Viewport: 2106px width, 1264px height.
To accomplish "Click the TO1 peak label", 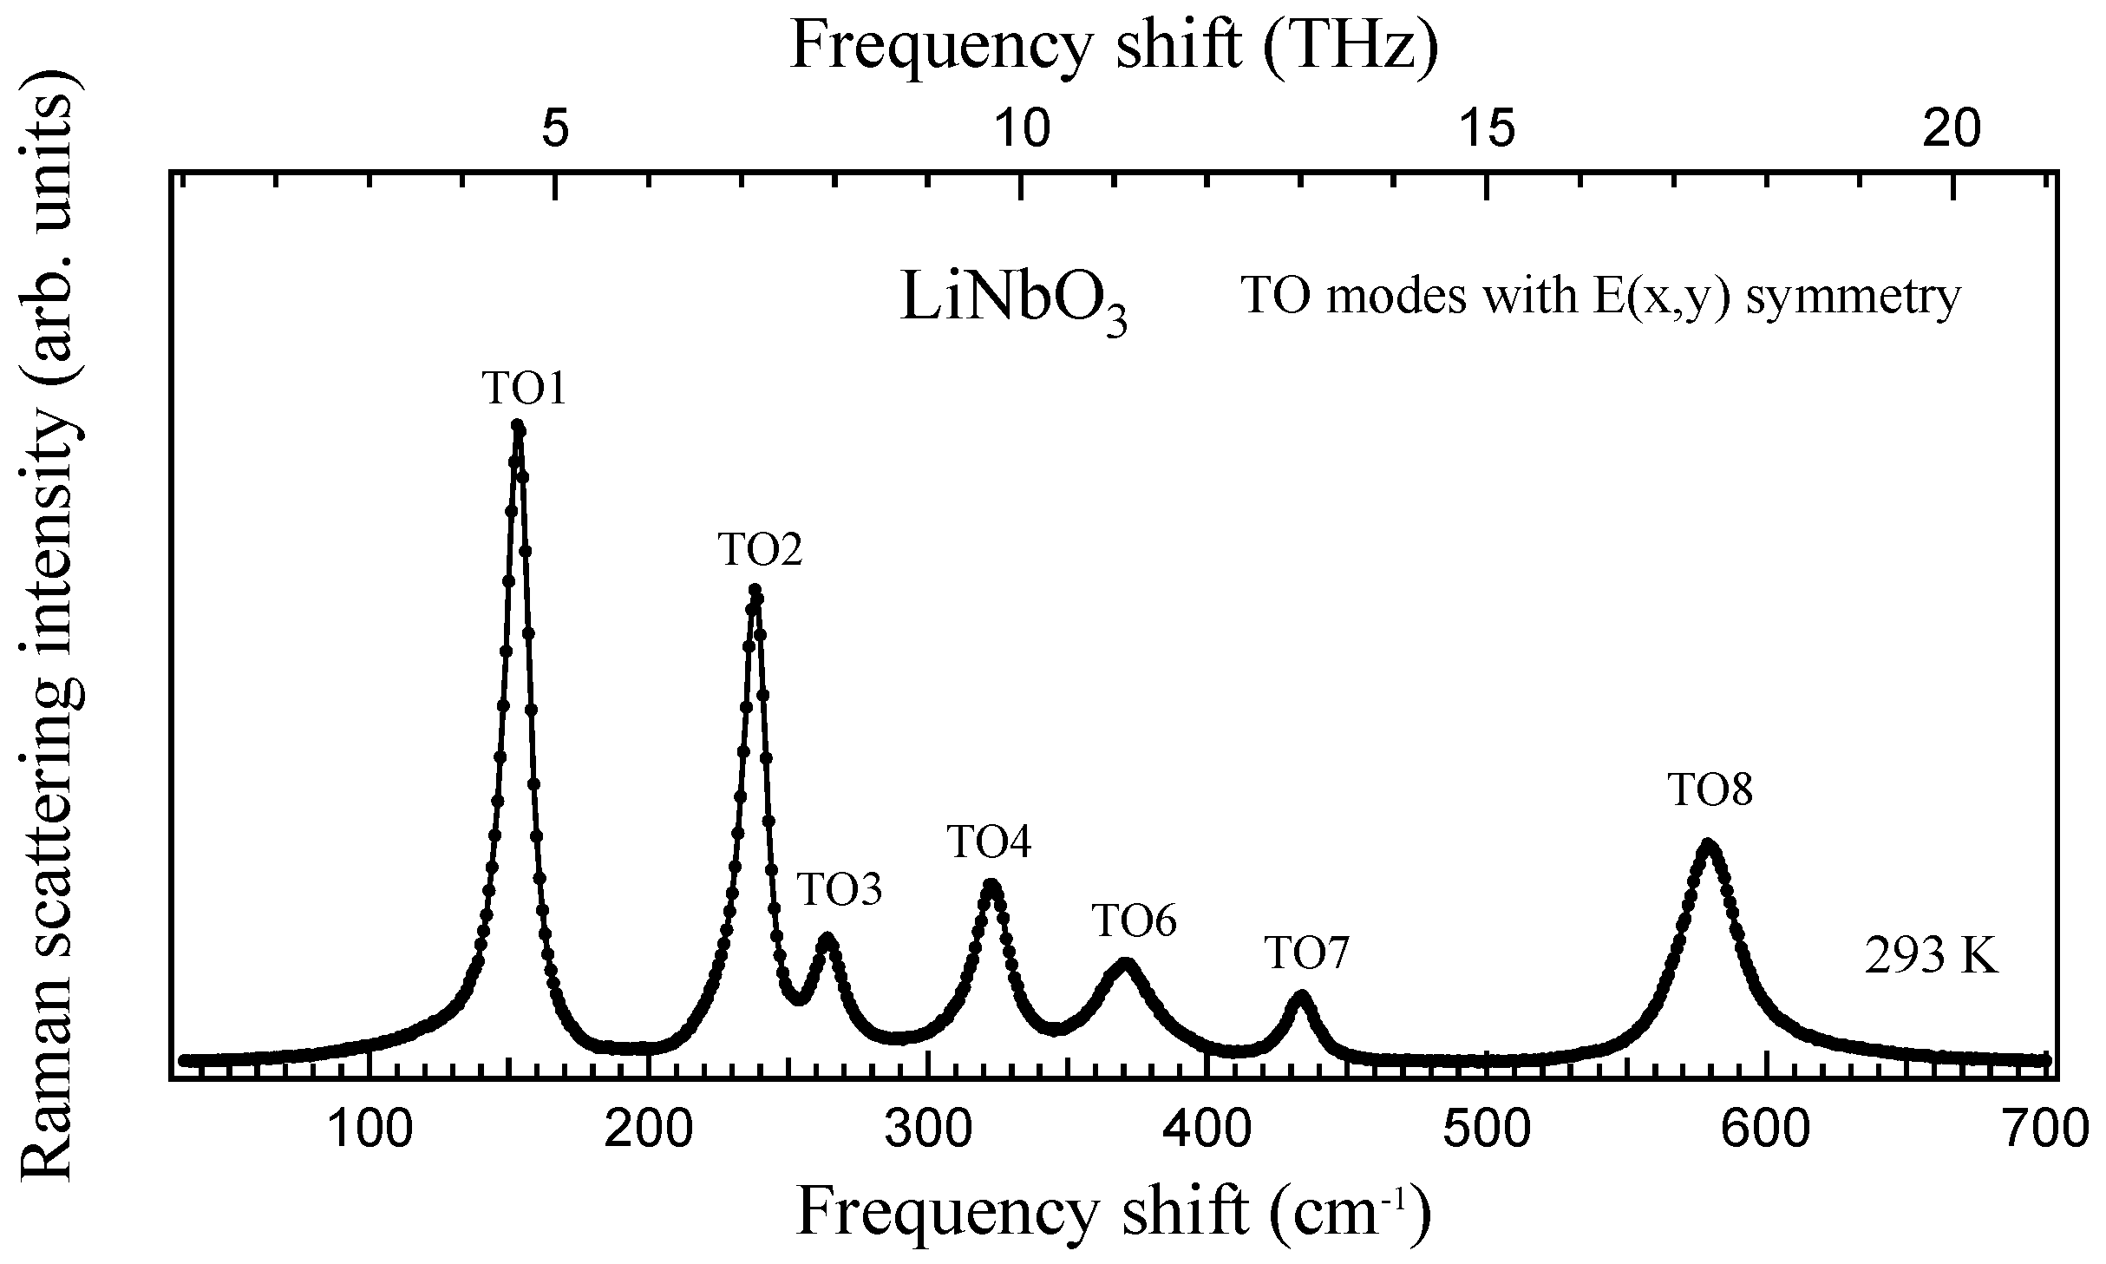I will point(525,390).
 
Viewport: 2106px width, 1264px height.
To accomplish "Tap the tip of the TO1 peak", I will point(518,426).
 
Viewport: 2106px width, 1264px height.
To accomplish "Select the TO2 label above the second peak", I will point(760,550).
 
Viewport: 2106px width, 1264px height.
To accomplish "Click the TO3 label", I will point(839,890).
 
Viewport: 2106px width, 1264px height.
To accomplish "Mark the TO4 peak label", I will point(989,842).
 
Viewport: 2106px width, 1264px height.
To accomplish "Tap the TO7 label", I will point(1307,953).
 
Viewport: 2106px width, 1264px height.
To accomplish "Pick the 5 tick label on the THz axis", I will point(555,130).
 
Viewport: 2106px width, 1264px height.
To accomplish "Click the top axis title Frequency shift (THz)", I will point(1115,45).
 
